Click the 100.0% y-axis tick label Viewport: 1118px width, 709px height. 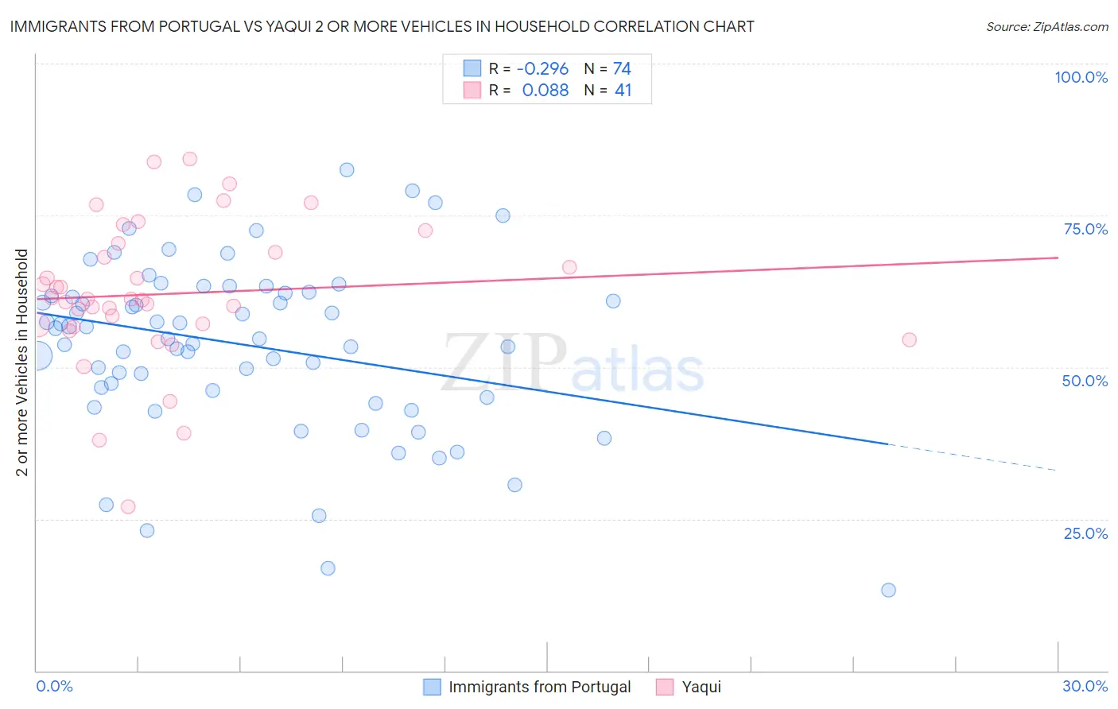click(x=1081, y=77)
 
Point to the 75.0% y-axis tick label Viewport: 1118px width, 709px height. click(x=1085, y=229)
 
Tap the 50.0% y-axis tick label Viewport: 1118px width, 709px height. click(x=1085, y=381)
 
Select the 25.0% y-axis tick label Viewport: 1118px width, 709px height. click(x=1085, y=533)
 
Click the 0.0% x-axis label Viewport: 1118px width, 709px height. click(x=54, y=686)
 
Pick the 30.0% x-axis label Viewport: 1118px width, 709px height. click(x=1085, y=686)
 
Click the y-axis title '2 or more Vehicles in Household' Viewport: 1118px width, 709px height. click(x=22, y=362)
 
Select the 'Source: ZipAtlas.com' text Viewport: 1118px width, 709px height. click(x=1046, y=27)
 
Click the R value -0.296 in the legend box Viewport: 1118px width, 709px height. click(x=542, y=69)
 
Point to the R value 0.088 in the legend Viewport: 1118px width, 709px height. click(x=545, y=91)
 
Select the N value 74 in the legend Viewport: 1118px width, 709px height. click(x=622, y=69)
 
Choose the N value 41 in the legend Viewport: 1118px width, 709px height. click(x=623, y=91)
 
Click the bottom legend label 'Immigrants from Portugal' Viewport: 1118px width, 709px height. click(x=539, y=687)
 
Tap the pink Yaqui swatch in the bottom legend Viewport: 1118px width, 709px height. click(x=665, y=687)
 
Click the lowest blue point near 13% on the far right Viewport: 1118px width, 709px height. click(x=888, y=590)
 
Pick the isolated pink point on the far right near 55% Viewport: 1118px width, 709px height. click(x=909, y=339)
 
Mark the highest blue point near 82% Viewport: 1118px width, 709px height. click(x=347, y=169)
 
